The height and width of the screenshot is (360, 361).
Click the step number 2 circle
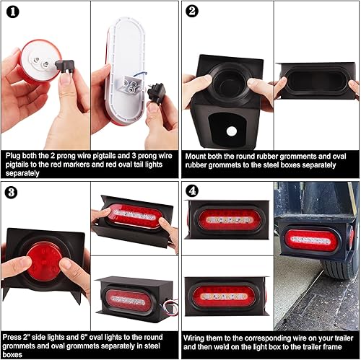[192, 11]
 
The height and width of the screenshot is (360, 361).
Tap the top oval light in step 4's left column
[227, 219]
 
